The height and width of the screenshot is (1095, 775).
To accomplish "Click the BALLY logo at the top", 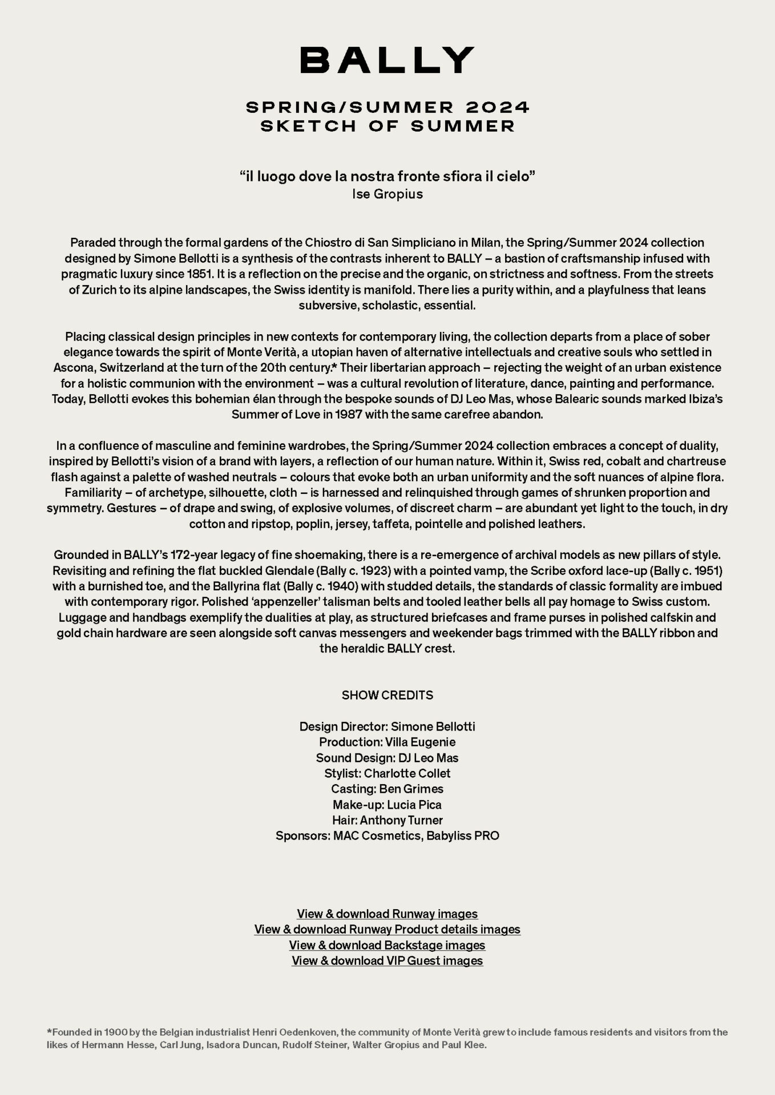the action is [x=387, y=60].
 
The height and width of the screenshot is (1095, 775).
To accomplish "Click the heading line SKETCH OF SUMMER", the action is [x=387, y=126].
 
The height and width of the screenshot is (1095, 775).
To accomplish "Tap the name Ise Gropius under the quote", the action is [x=387, y=194].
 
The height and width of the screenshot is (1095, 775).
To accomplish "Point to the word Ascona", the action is [x=74, y=367].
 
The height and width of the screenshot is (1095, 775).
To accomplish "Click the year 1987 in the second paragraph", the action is [x=348, y=414].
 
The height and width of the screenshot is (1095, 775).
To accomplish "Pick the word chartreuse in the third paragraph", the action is [x=693, y=461].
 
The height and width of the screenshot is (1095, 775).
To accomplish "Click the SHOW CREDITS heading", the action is [x=387, y=695].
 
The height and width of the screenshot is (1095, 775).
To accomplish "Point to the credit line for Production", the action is [x=387, y=742].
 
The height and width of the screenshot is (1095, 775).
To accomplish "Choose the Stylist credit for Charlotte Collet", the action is [x=387, y=773].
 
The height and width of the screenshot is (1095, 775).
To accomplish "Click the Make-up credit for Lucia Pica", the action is [x=387, y=805].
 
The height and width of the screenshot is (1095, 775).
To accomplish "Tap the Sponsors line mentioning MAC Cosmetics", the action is [x=387, y=836].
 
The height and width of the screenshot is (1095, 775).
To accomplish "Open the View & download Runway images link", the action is [x=387, y=914].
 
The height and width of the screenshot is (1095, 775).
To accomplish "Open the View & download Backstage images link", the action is [x=387, y=945].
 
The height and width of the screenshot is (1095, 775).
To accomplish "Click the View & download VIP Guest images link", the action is [x=387, y=960].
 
